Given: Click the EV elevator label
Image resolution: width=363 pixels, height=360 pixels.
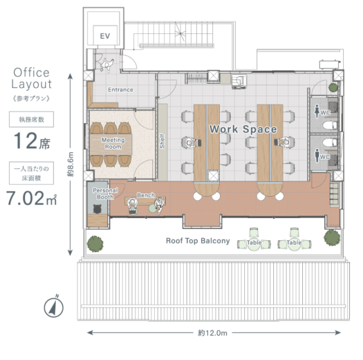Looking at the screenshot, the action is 105,36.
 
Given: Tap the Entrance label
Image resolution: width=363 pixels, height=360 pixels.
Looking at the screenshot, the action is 120,90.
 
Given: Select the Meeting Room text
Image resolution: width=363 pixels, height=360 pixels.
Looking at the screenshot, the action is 113,143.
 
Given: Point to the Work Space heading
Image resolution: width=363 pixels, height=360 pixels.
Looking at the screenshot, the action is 243,129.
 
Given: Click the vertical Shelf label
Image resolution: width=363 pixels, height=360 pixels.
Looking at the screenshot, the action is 162,141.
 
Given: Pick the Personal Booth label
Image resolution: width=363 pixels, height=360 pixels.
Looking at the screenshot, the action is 105,194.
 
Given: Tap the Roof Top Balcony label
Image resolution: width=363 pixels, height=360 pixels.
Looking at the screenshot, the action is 198,241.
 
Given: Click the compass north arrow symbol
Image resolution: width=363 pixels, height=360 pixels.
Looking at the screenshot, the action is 54,307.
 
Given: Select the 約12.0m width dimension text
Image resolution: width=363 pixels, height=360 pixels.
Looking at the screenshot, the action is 212,333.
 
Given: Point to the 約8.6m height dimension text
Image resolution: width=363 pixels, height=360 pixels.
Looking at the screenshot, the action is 71,164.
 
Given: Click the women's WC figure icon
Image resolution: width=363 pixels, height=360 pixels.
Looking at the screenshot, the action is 317,111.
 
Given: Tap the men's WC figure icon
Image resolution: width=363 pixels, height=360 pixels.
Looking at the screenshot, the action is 317,155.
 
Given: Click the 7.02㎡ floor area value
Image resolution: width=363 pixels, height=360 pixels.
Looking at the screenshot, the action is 32,198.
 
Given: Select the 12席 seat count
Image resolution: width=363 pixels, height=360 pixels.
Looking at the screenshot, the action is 32,141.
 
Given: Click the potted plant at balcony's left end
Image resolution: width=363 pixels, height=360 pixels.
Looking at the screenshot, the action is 95,244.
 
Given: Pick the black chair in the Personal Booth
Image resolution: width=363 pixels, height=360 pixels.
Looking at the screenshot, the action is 97,209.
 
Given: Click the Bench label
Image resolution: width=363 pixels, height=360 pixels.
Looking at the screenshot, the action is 146,195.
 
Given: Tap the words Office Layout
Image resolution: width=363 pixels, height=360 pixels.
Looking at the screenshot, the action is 32,78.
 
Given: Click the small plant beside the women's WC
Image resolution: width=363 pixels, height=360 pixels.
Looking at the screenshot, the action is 333,87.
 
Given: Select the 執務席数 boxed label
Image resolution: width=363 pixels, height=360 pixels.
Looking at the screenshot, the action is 32,119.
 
